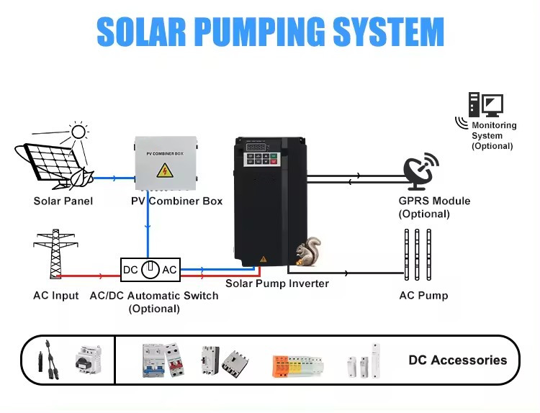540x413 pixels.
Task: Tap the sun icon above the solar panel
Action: [78, 132]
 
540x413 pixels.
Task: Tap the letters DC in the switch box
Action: [130, 270]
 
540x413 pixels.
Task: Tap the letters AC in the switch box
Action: [169, 270]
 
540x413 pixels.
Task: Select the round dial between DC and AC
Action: [150, 270]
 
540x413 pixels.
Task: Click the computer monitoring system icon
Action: [485, 105]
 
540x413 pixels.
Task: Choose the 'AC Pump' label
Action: [423, 296]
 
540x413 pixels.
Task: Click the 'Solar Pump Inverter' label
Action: [276, 283]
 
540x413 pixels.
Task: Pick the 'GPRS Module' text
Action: [434, 201]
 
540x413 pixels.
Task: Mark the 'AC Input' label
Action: [56, 296]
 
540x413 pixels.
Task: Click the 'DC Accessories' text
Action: [457, 360]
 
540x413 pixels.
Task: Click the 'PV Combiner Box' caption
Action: [176, 201]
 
